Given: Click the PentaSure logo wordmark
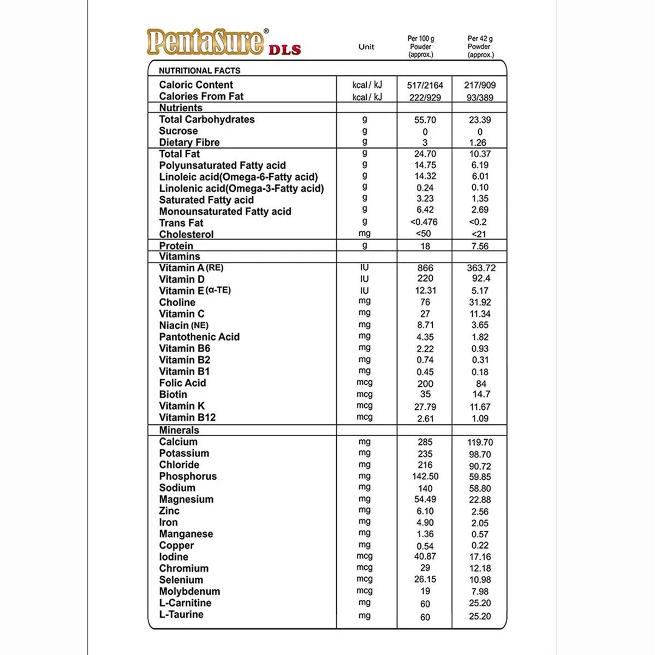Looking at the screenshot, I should point(205,42).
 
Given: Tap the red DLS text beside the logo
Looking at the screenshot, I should point(284,50).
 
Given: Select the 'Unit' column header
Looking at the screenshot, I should point(366,47).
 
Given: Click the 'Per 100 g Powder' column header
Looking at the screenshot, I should point(421,47).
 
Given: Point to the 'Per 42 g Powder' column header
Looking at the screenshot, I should point(480,47).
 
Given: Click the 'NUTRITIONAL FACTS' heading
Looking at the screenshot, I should point(199,70).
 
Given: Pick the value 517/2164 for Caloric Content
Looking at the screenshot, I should point(425,85).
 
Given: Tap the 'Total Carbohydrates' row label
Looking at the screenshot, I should point(207,120).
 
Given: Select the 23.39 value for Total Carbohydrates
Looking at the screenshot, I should point(480,120).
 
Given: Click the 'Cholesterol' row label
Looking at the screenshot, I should point(186,234).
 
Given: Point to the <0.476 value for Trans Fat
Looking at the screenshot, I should point(424,222).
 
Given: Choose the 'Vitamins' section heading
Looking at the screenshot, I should point(180,257).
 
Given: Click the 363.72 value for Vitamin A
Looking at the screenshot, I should point(480,268).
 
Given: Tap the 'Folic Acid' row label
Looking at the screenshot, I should point(182,383).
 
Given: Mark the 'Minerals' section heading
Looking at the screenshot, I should point(179,430).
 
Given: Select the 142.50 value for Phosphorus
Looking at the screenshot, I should point(425,477).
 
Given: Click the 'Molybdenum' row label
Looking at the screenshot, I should point(189,592).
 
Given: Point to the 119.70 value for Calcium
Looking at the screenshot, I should point(480,443).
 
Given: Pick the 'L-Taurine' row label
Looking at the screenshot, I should point(181,615).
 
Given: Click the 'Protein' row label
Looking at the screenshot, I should point(176,246).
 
